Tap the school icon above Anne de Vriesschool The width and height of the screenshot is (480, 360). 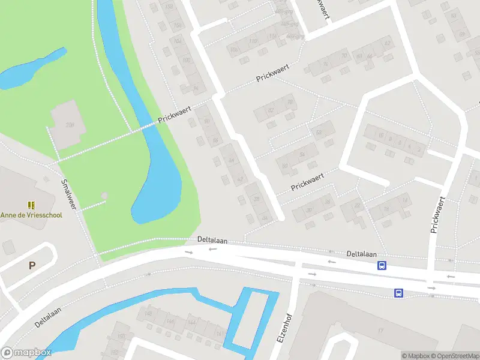pos(31,205)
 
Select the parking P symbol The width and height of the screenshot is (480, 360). pos(32,265)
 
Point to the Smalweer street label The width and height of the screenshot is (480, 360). pos(70,194)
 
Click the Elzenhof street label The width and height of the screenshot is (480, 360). pos(285,329)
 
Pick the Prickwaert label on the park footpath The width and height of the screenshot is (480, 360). pos(174,115)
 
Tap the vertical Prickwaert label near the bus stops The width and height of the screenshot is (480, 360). pos(437,214)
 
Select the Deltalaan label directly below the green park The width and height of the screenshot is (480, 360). pos(212,239)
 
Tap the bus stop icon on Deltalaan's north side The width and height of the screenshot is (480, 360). pos(382,265)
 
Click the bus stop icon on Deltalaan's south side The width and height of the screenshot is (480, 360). pos(398,293)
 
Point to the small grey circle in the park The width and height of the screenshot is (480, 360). pos(105,196)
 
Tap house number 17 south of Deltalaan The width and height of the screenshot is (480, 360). pos(380,331)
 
